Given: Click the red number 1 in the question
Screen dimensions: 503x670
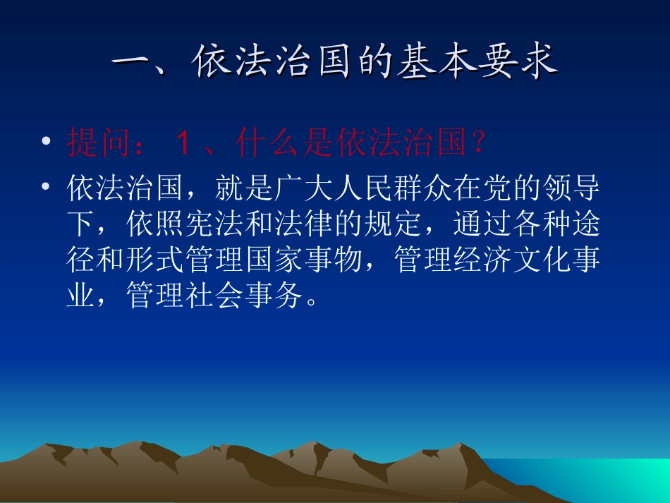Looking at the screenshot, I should [181, 143].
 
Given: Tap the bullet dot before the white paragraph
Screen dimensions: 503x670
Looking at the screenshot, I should [46, 188].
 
